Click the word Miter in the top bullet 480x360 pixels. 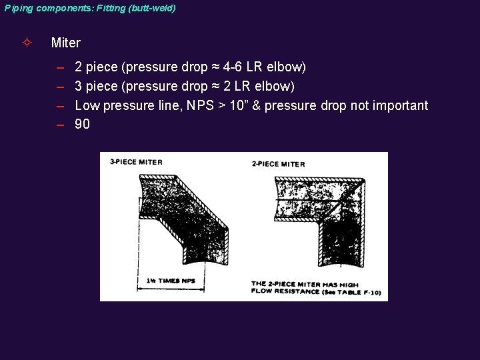(x=65, y=43)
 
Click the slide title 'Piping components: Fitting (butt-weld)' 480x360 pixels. (x=90, y=9)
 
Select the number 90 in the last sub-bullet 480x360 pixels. (x=83, y=125)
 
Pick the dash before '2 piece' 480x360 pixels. (x=60, y=67)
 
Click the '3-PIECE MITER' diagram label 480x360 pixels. (x=136, y=161)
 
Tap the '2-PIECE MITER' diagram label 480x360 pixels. (x=278, y=163)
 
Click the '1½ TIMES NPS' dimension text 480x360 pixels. (x=171, y=281)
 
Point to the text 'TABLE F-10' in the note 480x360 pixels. (x=347, y=292)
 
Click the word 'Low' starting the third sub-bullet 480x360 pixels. (x=86, y=105)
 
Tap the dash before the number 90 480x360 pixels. (x=60, y=125)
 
